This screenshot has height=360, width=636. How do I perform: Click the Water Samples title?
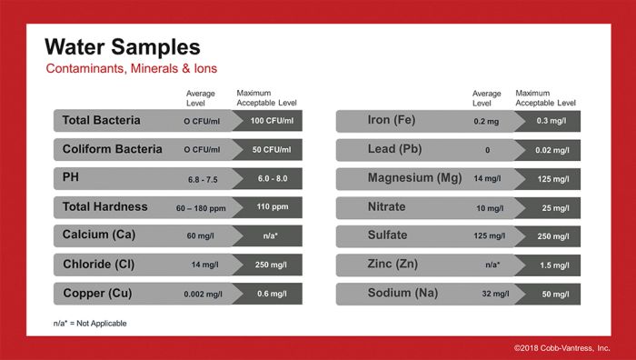click(122, 47)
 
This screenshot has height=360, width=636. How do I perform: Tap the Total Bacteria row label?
click(102, 120)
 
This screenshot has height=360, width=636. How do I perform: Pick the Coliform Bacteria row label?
click(113, 149)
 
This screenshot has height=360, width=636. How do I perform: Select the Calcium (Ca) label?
click(98, 235)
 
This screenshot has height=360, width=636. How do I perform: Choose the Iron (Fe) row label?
click(392, 120)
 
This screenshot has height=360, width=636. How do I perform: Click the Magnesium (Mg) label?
click(414, 178)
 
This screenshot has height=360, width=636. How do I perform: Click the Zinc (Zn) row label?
click(393, 265)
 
